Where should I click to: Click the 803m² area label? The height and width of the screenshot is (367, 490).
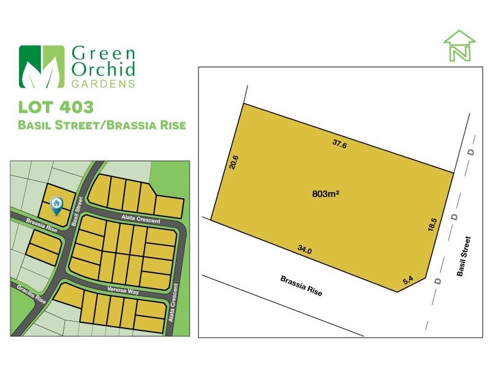coord(326,194)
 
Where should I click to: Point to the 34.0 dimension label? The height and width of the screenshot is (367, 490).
coord(304,250)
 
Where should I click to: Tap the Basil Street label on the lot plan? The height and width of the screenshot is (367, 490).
coord(466,257)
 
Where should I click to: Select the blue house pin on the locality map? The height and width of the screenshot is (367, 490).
coord(57,205)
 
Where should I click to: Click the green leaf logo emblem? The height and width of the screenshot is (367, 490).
coord(41,67)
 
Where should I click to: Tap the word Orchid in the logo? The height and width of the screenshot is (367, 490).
coord(104,69)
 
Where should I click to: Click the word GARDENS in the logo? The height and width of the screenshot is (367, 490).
coord(104,84)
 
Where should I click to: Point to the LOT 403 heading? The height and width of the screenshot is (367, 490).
coord(56,108)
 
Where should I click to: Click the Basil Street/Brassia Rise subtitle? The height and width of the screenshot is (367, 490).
coord(102,125)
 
